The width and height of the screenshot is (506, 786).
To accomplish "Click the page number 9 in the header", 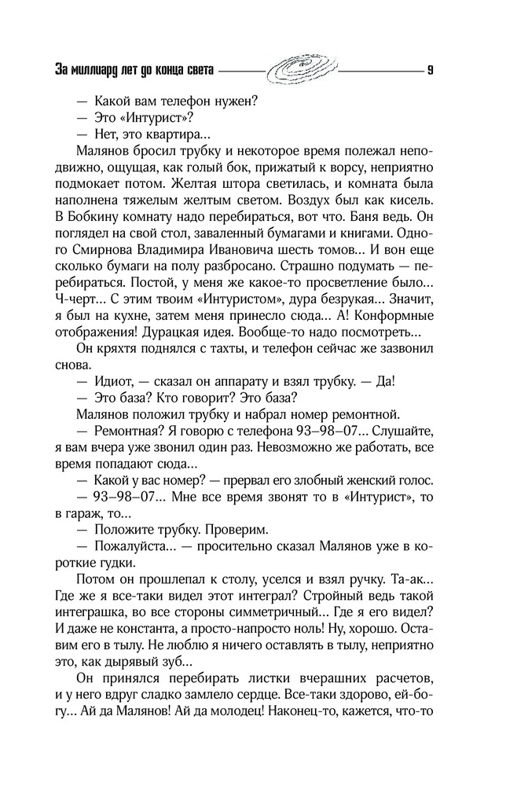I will click(431, 69).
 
